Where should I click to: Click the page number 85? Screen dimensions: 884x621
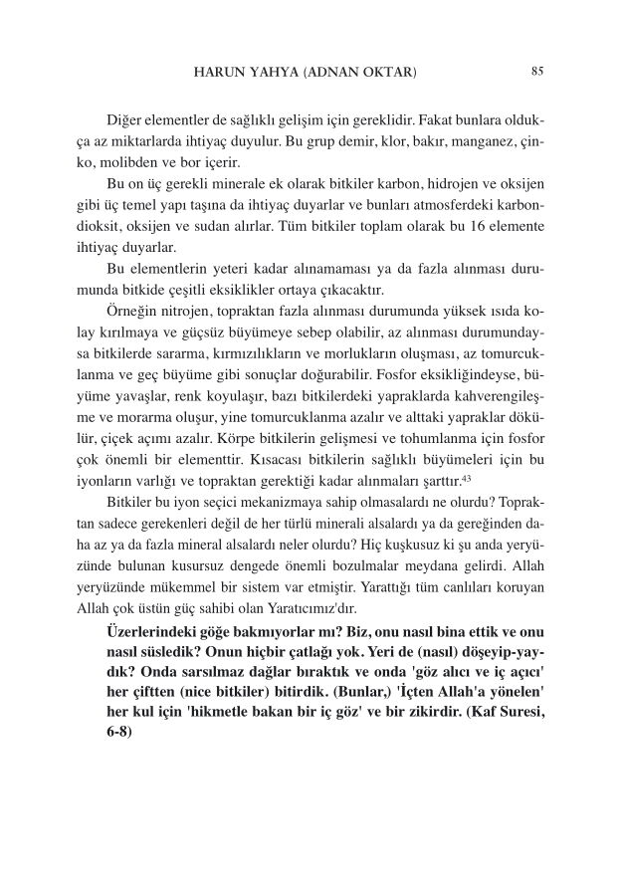537,71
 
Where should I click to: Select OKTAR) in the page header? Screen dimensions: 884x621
387,72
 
